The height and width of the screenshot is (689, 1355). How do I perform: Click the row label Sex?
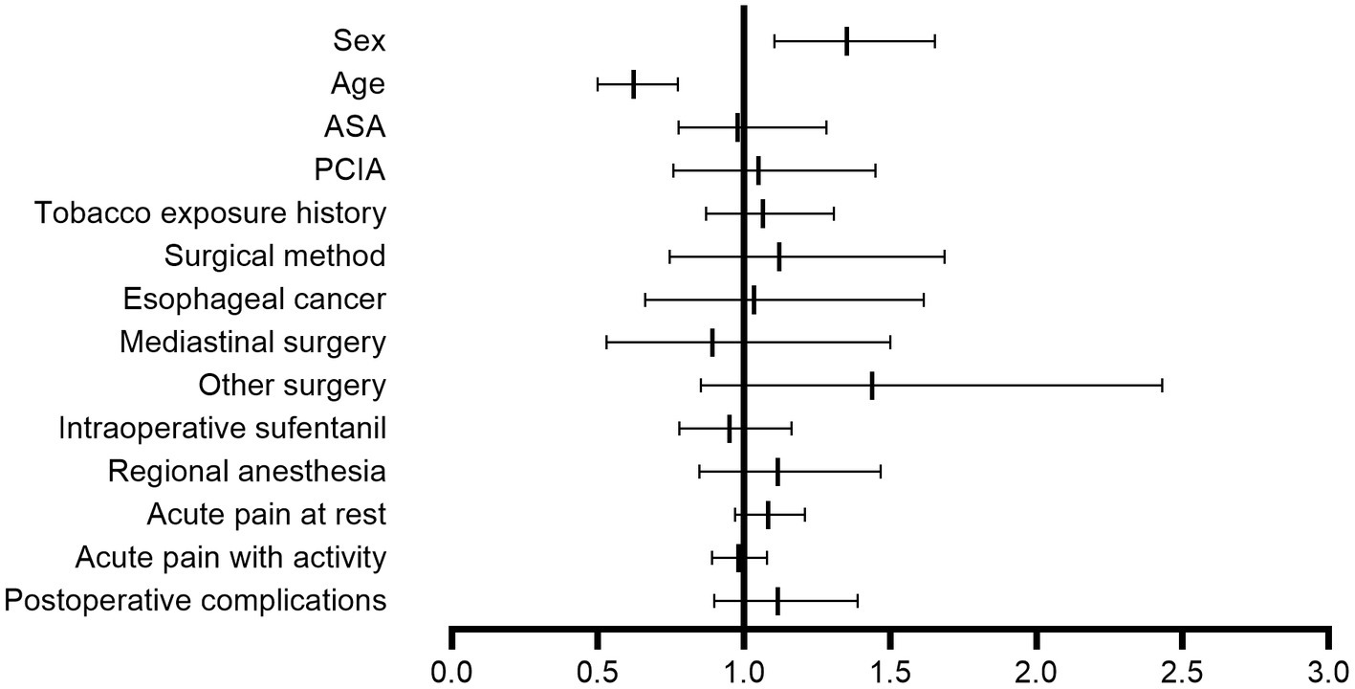(x=359, y=40)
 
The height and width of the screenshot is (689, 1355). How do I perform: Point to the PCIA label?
(x=349, y=170)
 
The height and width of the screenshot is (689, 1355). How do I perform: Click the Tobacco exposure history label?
(x=210, y=212)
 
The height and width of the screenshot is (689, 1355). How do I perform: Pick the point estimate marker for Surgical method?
(x=779, y=256)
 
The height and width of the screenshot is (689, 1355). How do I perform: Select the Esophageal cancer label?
(x=254, y=300)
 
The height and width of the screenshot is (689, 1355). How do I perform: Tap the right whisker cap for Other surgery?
(x=1162, y=386)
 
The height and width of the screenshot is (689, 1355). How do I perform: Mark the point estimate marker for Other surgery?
(x=872, y=386)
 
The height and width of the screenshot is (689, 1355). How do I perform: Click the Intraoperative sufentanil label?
(x=222, y=429)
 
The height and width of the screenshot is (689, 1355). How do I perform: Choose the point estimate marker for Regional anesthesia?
(x=777, y=472)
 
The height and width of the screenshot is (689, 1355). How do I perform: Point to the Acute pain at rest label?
(x=266, y=515)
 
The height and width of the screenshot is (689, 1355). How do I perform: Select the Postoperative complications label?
(x=195, y=601)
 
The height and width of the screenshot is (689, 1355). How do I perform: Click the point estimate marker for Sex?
(x=847, y=41)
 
